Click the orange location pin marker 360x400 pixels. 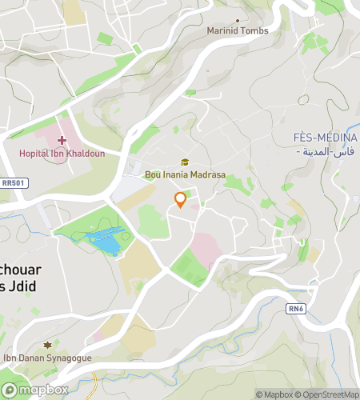coord(181,200)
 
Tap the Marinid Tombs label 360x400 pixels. coord(238,30)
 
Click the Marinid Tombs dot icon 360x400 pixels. coord(238,21)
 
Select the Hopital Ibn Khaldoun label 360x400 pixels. coord(62,153)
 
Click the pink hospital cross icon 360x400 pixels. coord(62,141)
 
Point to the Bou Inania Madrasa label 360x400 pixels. coord(185,174)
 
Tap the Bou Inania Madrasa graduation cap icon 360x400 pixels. coord(185,162)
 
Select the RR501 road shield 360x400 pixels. coord(13,183)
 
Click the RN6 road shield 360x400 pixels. coord(296,307)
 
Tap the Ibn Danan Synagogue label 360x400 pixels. coord(48,358)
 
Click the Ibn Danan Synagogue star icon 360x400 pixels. coord(47,346)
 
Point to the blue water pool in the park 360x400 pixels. coord(105,239)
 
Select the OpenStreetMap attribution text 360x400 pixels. coord(328,394)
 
